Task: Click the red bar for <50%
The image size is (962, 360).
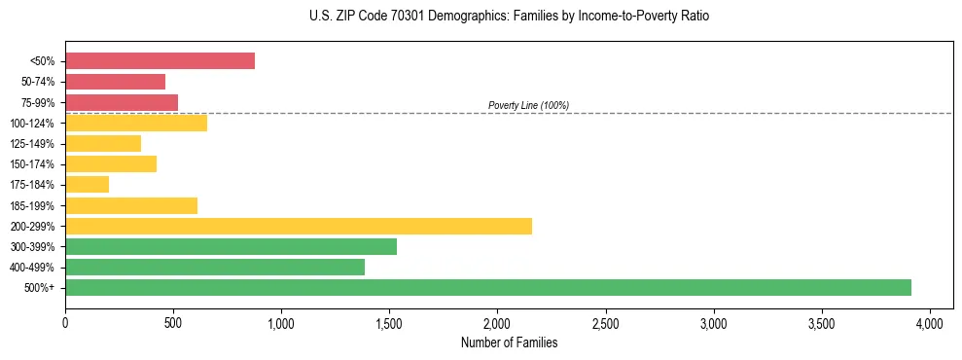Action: point(160,61)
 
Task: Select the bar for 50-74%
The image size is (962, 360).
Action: point(115,82)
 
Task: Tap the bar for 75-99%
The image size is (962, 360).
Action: point(122,102)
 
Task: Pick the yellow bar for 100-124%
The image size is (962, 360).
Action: point(136,123)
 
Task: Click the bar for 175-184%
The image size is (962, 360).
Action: point(87,184)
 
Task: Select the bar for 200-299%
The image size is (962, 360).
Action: point(299,226)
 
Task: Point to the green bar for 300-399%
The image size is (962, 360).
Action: point(231,246)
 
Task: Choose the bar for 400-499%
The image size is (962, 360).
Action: point(215,267)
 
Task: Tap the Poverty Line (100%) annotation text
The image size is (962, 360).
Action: point(528,105)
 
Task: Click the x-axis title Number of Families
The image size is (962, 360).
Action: point(509,342)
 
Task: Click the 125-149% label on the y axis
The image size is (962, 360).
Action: point(31,144)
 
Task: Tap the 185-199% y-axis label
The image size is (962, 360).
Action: point(31,205)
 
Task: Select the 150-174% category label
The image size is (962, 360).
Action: point(31,164)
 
